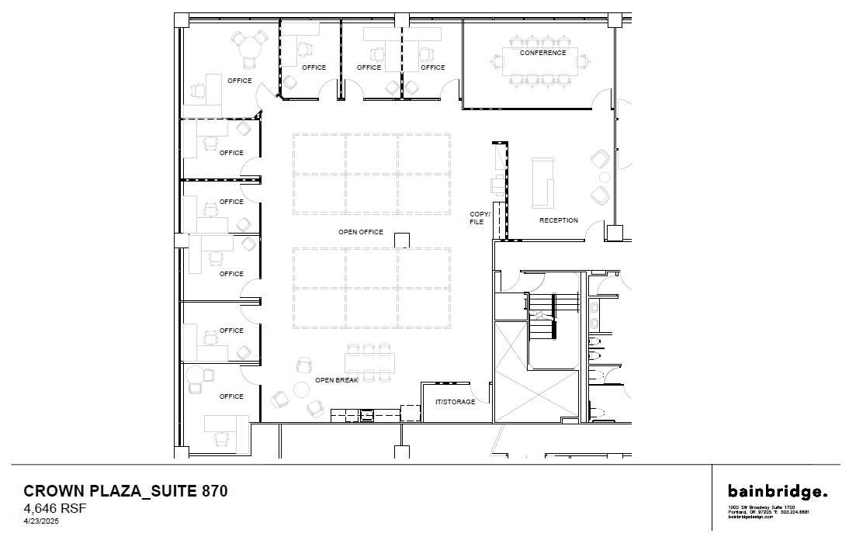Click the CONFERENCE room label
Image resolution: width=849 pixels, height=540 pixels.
(x=542, y=53)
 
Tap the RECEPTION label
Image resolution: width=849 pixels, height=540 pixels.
(x=559, y=220)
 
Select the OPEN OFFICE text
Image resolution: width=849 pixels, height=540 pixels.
(x=360, y=232)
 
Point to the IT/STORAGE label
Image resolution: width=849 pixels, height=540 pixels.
(x=455, y=402)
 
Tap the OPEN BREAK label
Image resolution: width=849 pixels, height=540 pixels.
(x=336, y=380)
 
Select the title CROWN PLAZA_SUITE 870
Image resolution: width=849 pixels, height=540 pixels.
(x=126, y=491)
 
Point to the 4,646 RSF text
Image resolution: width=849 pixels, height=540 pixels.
(x=55, y=509)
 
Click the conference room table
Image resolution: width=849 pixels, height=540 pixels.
(x=542, y=62)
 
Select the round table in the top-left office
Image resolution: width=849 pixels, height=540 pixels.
(x=249, y=47)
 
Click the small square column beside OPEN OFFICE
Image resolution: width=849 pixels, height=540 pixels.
(x=401, y=240)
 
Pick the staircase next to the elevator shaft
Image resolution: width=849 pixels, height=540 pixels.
(x=553, y=310)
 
